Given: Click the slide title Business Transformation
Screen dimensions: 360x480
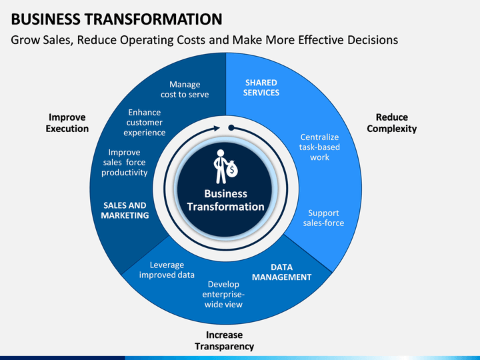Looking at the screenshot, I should (x=117, y=17).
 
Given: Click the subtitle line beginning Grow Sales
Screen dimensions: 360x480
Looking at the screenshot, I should (x=204, y=40).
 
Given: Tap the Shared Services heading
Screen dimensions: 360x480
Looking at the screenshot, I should (x=261, y=88).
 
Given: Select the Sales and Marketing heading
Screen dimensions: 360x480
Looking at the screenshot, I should (x=125, y=211).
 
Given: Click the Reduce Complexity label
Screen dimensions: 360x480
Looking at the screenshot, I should (x=391, y=123).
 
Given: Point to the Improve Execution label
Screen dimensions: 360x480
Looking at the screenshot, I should (x=67, y=123).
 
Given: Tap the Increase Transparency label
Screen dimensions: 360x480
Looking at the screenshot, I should (x=224, y=341).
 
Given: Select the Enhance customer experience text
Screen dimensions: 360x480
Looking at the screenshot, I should (x=145, y=123).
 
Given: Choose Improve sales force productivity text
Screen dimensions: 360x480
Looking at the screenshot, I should (x=124, y=162).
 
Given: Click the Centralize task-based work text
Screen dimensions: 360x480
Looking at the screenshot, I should (x=319, y=147).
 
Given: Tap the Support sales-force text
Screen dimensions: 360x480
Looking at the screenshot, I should (x=323, y=218).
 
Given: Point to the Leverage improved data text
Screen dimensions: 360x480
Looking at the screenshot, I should (x=167, y=269).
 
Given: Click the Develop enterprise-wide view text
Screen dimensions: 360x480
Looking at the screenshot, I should (x=223, y=294).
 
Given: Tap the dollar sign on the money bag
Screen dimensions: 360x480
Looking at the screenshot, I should (x=232, y=171).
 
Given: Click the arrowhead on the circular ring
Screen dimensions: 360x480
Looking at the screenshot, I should (x=215, y=128).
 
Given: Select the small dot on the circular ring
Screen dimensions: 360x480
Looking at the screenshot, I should (x=231, y=127).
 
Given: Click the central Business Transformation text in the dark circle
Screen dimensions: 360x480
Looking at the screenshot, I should (x=225, y=201).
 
